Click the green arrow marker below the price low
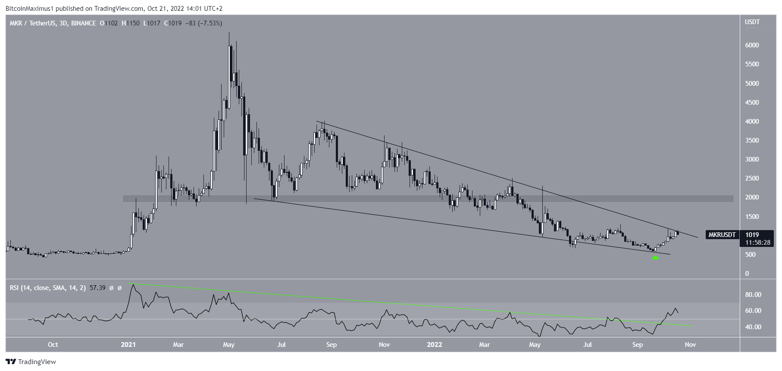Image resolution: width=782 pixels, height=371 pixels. (x=655, y=258)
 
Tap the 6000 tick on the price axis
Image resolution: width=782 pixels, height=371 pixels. (x=752, y=45)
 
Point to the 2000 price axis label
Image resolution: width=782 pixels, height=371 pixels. (x=752, y=198)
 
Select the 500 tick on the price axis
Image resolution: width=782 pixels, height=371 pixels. (x=751, y=255)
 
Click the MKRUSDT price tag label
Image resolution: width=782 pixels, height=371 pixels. (x=722, y=235)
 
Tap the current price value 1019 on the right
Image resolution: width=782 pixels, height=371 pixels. (x=752, y=235)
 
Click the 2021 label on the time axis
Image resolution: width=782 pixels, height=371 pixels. (x=128, y=345)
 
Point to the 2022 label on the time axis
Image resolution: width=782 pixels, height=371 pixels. (x=434, y=345)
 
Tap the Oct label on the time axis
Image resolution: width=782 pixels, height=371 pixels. (x=53, y=345)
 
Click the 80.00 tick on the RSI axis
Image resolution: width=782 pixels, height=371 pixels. (x=753, y=295)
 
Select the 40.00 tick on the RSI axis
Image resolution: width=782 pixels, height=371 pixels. (x=753, y=327)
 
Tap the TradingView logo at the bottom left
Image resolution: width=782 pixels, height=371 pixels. (x=31, y=362)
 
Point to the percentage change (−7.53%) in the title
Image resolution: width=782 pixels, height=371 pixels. (x=210, y=23)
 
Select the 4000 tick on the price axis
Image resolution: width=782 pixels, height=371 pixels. (x=752, y=122)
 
